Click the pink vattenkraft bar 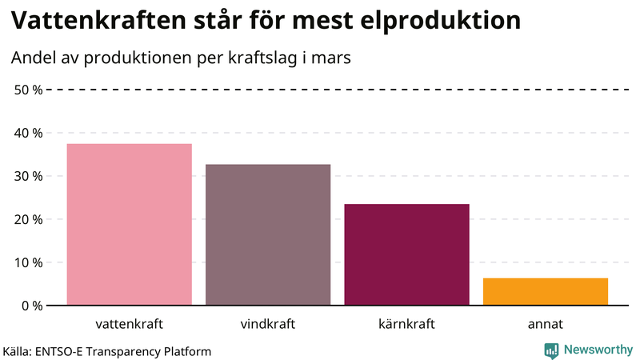129,224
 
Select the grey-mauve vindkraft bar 268,234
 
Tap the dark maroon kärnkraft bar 406,254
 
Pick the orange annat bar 546,291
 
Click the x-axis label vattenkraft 129,325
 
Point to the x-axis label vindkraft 268,325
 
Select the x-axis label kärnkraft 406,325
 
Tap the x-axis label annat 546,325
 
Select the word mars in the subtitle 334,58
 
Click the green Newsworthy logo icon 551,350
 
